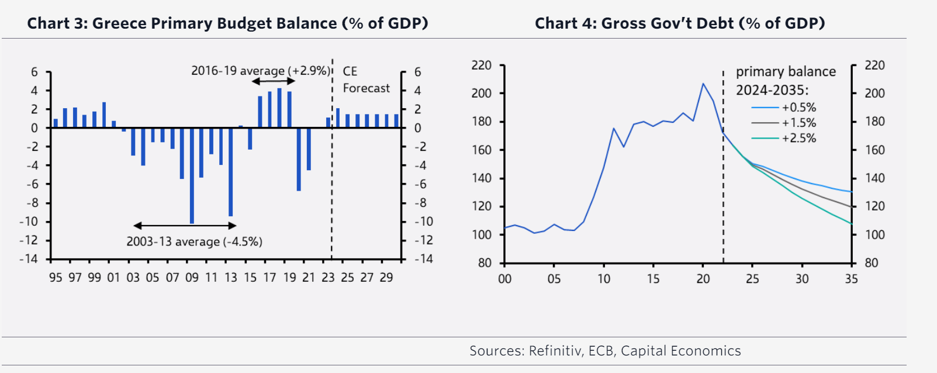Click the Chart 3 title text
[x=227, y=23]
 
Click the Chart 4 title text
[x=679, y=23]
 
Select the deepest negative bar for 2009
[x=192, y=175]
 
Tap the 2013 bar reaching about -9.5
[x=231, y=172]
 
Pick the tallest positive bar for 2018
[x=279, y=108]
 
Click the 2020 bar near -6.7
[x=299, y=159]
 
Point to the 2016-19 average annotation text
[x=261, y=71]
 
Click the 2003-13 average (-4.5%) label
[x=194, y=241]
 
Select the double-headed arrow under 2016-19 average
[x=273, y=81]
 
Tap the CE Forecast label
[x=365, y=80]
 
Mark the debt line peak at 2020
[x=703, y=84]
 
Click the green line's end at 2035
[x=851, y=224]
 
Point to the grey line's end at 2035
[x=851, y=206]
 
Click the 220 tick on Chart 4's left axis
[x=482, y=65]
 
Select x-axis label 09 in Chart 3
[x=192, y=278]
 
